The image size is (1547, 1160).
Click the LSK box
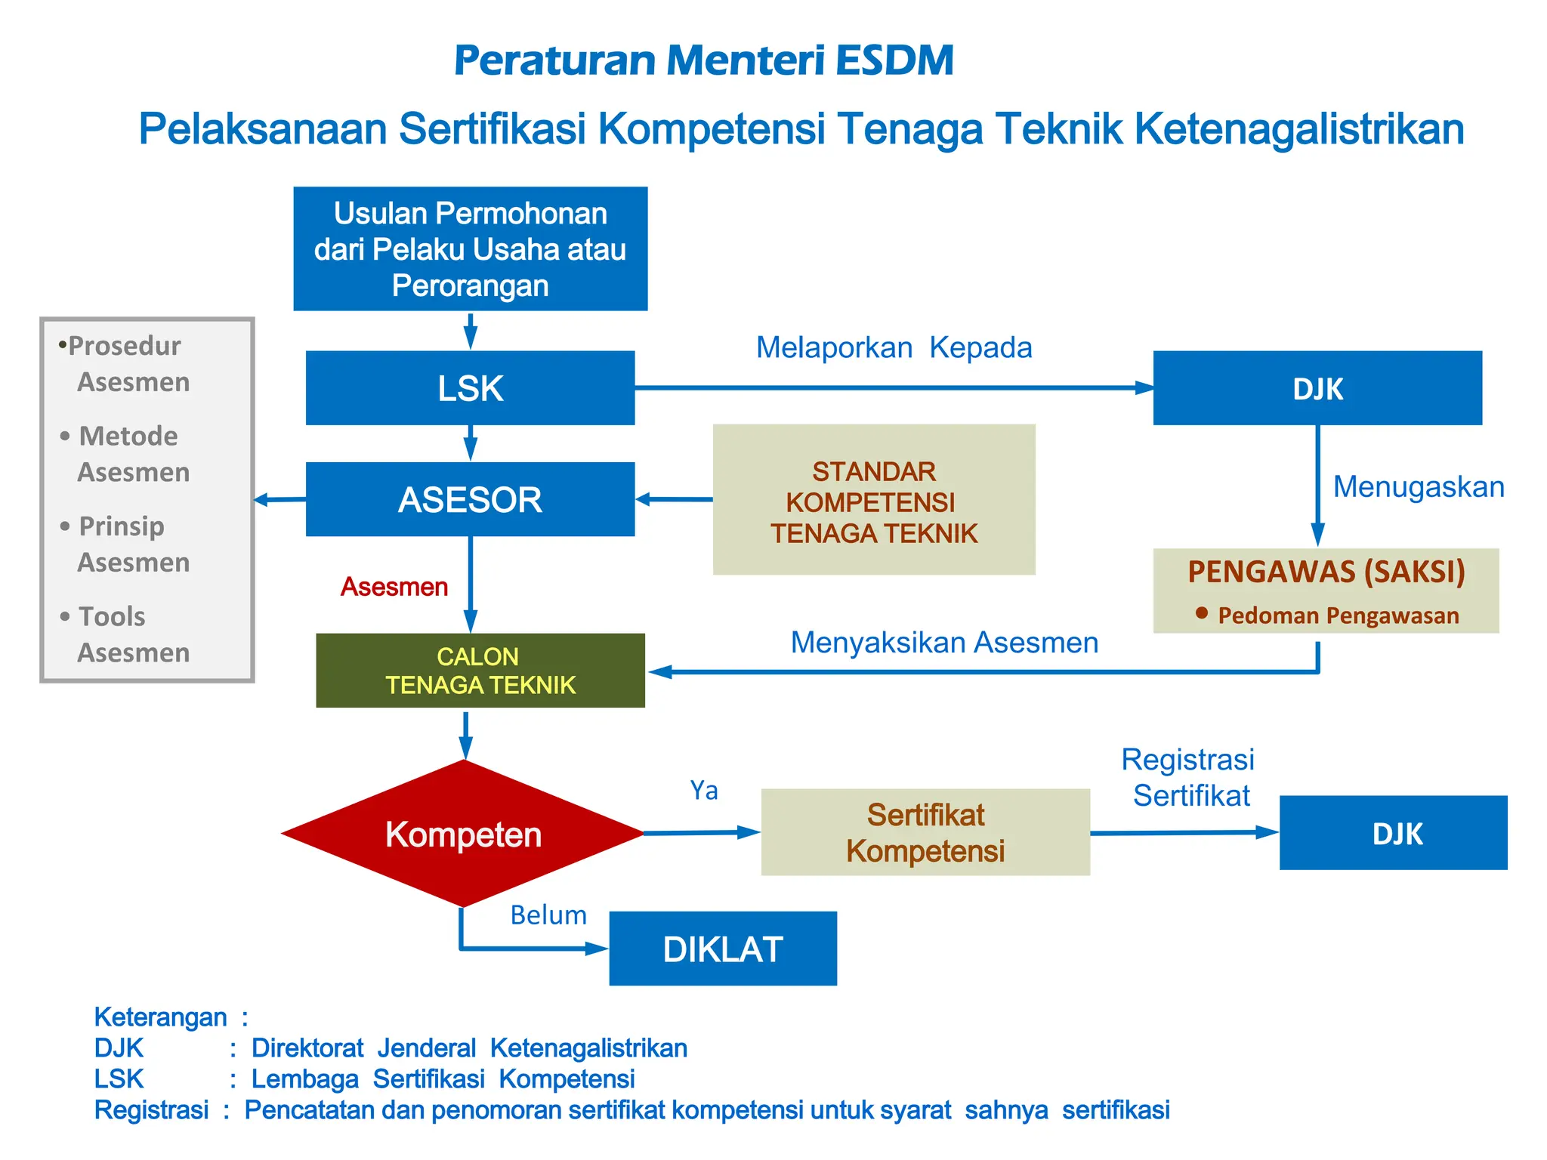pyautogui.click(x=470, y=388)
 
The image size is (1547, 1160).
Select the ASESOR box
pyautogui.click(x=470, y=499)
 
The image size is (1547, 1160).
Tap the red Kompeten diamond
pyautogui.click(x=463, y=834)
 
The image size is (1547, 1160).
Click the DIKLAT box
pyautogui.click(x=722, y=949)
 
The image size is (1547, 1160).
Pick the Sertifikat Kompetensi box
pyautogui.click(x=925, y=832)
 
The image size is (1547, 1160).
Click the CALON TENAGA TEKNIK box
pyautogui.click(x=480, y=671)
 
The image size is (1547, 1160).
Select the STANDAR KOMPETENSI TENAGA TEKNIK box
pyautogui.click(x=874, y=500)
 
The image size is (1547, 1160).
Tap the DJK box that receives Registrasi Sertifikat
pyautogui.click(x=1393, y=833)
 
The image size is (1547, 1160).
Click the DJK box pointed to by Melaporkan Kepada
pyautogui.click(x=1317, y=388)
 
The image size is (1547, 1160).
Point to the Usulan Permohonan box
pyautogui.click(x=470, y=249)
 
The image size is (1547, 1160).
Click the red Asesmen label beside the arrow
pyautogui.click(x=394, y=587)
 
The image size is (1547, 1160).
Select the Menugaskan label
pyautogui.click(x=1419, y=487)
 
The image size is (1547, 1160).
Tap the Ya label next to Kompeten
pyautogui.click(x=704, y=791)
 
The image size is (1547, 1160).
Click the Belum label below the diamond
pyautogui.click(x=548, y=915)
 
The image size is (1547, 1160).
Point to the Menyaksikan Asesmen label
pyautogui.click(x=944, y=643)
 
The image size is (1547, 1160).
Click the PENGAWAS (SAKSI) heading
pyautogui.click(x=1326, y=572)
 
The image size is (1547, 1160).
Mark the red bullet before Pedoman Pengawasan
pyautogui.click(x=1202, y=613)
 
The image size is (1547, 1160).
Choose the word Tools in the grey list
pyautogui.click(x=112, y=616)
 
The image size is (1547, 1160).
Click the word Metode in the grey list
pyautogui.click(x=128, y=436)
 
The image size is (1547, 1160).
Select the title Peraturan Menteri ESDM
pyautogui.click(x=704, y=60)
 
